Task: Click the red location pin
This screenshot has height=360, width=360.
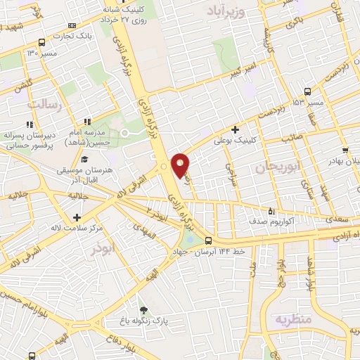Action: coord(181,165)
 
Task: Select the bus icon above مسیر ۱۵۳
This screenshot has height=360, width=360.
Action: coord(308,91)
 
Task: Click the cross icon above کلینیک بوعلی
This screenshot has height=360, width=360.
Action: coord(235,129)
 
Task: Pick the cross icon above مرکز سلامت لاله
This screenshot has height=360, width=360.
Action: coord(76,198)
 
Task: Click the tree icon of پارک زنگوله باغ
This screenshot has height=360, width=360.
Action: coord(144,310)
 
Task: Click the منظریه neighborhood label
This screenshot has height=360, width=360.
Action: coord(292,319)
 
